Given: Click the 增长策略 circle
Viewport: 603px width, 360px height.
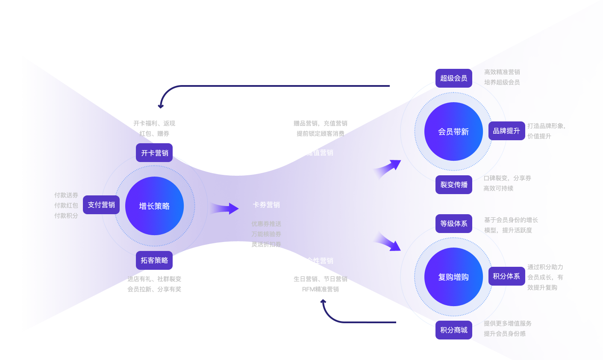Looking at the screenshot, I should coord(154,206).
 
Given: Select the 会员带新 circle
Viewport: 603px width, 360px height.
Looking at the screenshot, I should coord(453,132).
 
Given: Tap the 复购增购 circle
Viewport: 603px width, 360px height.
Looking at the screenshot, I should coord(453,277).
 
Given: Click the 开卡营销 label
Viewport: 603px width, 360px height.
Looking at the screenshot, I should coord(155,153).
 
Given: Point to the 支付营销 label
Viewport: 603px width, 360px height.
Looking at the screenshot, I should coord(101,205).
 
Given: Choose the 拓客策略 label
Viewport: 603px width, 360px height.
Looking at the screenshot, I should coord(154,260).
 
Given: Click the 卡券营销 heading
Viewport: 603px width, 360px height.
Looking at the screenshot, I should coord(266,205).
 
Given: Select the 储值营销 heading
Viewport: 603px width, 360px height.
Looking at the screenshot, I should coord(319,153).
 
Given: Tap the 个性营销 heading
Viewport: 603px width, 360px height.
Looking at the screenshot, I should coord(319,261).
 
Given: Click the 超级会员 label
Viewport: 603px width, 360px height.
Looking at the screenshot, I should coord(453,78).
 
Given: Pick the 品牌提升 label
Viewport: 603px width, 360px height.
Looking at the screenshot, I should coord(506,131).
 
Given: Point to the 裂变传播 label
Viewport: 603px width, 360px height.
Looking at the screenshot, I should coord(454,185).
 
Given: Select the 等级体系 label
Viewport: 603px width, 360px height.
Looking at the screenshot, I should coord(454,224).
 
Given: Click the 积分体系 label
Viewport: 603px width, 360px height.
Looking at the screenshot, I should coord(506,276).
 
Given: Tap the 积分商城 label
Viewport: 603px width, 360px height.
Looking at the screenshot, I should coord(454,330).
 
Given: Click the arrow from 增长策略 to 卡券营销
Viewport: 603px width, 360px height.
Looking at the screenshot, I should coord(225,209).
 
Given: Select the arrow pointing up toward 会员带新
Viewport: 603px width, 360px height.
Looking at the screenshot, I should coord(387,168).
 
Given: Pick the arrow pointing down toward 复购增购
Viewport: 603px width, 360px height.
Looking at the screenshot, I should coord(387,242).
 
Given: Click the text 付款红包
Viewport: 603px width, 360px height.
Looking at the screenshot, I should coord(66,206).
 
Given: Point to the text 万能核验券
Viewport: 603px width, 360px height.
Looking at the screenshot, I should coord(266,234).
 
